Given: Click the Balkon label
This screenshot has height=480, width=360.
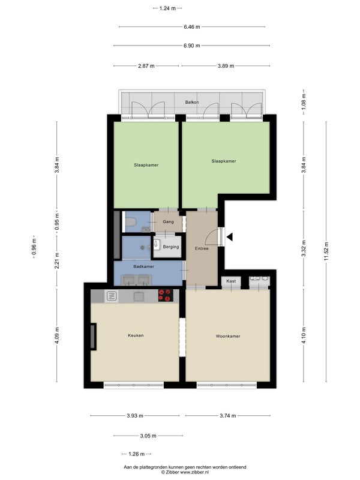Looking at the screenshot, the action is [x=192, y=102].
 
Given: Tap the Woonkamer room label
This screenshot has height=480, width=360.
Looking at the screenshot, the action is [x=228, y=336].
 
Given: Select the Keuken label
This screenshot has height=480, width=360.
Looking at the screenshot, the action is [x=136, y=335].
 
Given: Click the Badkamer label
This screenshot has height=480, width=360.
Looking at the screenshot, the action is [x=143, y=266].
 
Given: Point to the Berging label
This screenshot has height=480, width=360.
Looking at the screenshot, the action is [x=171, y=247].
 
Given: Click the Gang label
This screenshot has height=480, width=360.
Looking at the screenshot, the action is [x=168, y=221].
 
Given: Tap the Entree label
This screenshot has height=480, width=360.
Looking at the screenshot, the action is [x=202, y=248].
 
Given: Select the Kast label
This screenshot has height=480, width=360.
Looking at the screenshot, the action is [x=231, y=281].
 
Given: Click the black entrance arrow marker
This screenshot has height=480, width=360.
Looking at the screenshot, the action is [x=229, y=236].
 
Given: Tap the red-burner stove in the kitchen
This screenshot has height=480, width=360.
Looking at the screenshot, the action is [x=166, y=296].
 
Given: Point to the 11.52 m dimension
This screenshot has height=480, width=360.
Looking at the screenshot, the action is [x=326, y=251].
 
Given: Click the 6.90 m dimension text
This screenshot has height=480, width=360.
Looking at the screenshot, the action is [x=192, y=46].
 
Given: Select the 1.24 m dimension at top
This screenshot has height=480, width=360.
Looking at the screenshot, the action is [x=167, y=8].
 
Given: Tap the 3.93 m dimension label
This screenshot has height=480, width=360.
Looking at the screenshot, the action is [x=135, y=416].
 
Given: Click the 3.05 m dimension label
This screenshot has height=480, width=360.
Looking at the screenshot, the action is [x=148, y=436].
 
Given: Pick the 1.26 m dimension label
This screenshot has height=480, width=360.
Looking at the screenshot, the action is [x=137, y=454].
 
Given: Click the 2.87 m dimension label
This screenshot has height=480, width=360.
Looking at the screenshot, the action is [x=146, y=66].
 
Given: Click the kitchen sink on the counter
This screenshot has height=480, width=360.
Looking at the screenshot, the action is [x=139, y=296].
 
